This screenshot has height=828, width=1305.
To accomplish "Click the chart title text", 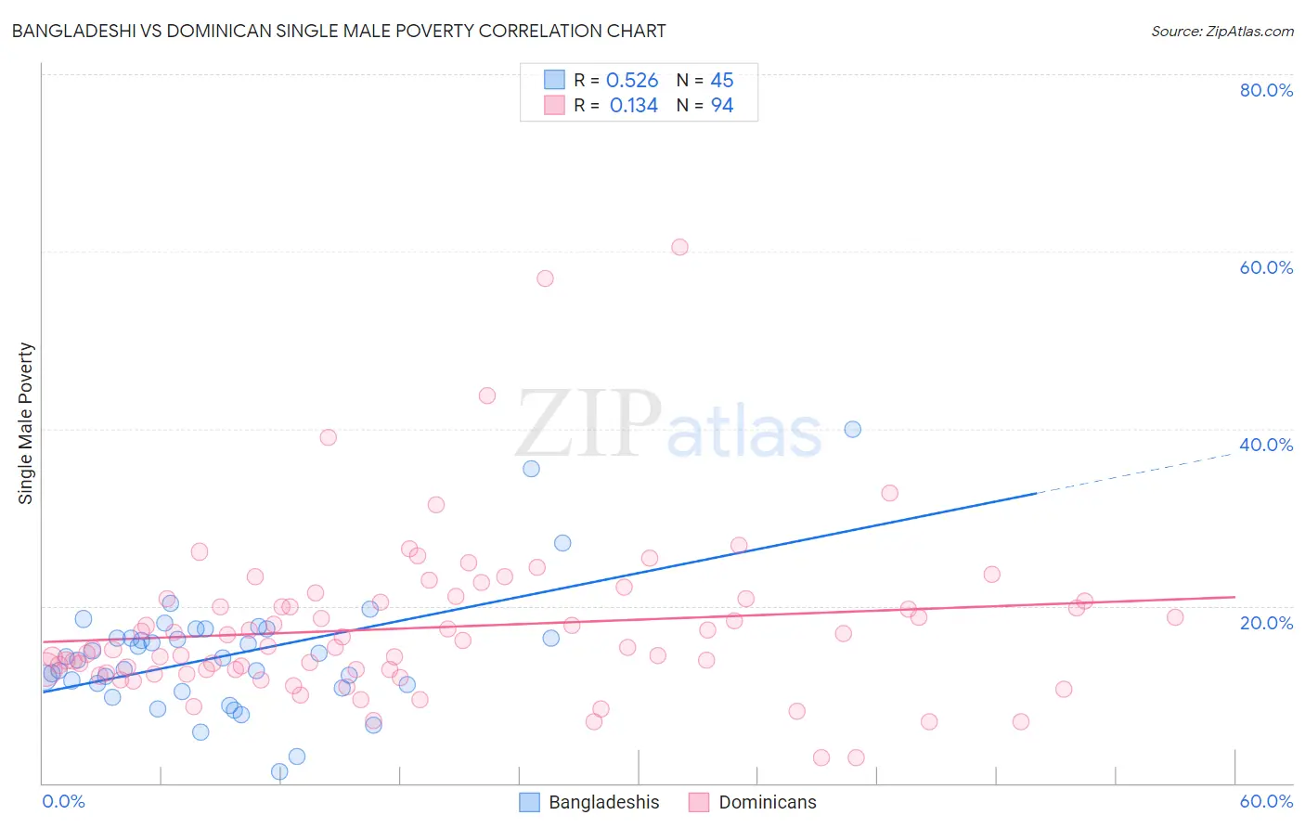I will click(338, 31).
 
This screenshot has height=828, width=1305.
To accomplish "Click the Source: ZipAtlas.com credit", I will click(1221, 31).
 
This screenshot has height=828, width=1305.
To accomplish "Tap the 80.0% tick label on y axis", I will click(1266, 90).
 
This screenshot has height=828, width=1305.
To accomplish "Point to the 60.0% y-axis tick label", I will click(1266, 267).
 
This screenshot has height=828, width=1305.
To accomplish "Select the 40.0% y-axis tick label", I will click(1266, 445).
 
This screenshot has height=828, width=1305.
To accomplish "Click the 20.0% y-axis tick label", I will click(1266, 622).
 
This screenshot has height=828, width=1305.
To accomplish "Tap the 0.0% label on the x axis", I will click(63, 801).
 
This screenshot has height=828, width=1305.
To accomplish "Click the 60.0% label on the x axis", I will click(1266, 801).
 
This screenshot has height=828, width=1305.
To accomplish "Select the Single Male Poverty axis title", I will click(26, 423).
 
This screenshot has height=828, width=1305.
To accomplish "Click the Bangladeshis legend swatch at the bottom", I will click(529, 802).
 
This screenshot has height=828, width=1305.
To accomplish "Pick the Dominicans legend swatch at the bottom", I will click(699, 802).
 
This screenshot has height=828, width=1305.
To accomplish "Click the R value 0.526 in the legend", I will click(632, 81).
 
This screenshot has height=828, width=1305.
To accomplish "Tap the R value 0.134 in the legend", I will click(633, 106).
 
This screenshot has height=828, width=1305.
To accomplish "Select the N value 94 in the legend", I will click(722, 106).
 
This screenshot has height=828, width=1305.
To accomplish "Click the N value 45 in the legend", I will click(722, 81).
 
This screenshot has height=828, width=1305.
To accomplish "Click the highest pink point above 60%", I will click(679, 247).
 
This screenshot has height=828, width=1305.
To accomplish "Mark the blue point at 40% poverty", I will click(852, 429).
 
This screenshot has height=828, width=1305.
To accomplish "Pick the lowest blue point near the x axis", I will click(279, 771).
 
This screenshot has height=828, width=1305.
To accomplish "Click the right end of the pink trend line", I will click(1234, 597).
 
